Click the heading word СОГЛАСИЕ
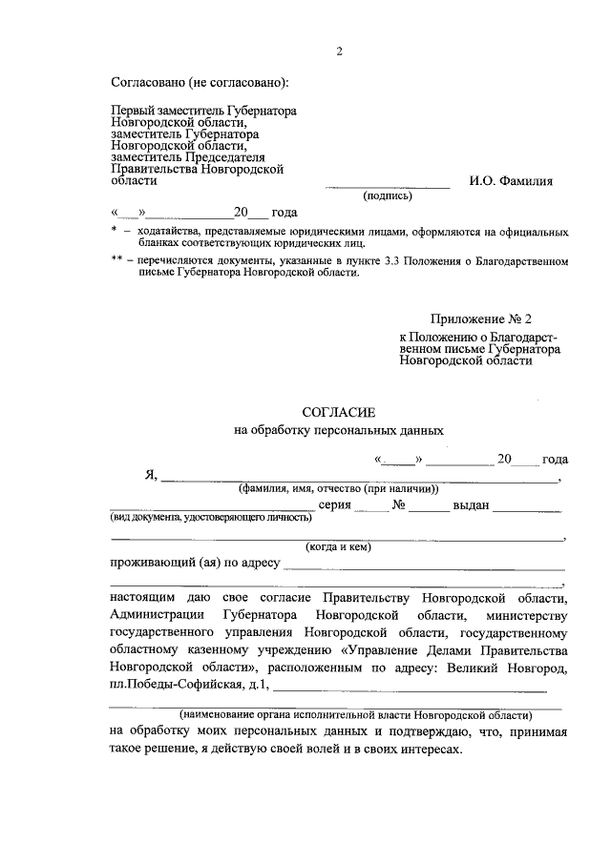(x=339, y=412)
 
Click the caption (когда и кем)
(x=338, y=547)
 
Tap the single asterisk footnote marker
(x=114, y=232)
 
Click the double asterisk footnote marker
(x=116, y=259)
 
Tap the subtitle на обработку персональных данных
(x=339, y=431)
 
